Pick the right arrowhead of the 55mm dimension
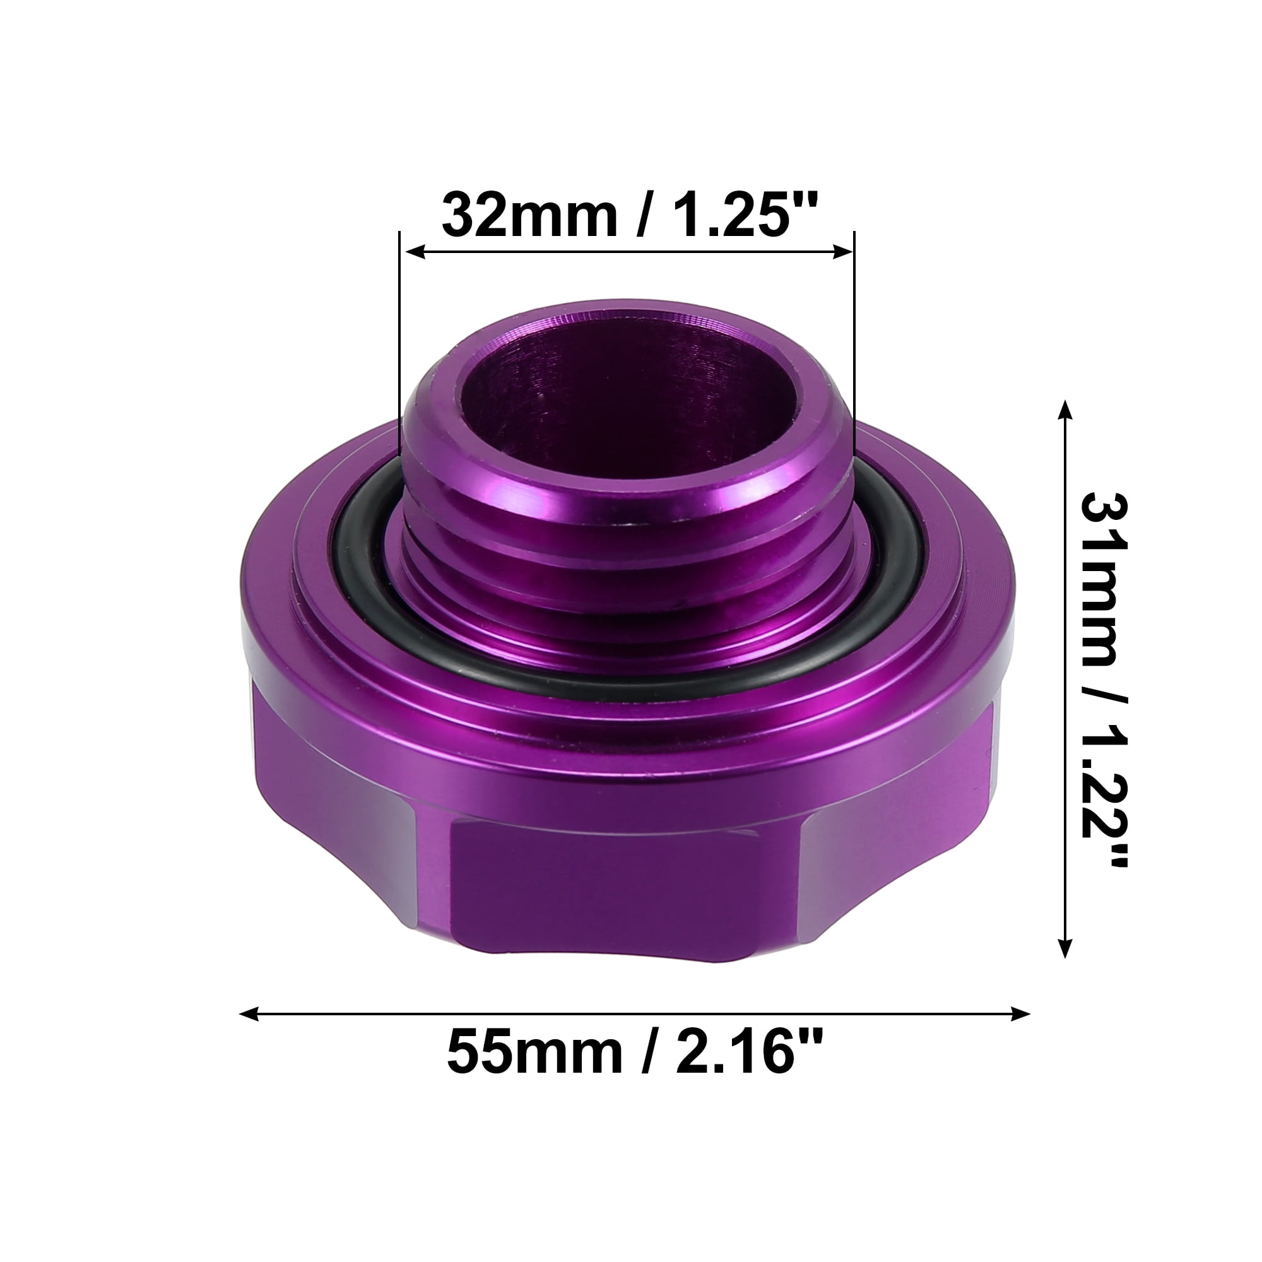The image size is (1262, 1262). coord(1021,1014)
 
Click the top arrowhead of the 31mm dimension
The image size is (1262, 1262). coord(1064,409)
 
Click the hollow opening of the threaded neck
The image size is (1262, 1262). coord(627,405)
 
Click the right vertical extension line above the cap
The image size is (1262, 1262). coord(854,339)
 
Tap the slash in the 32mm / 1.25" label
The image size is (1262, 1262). coord(643,215)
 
